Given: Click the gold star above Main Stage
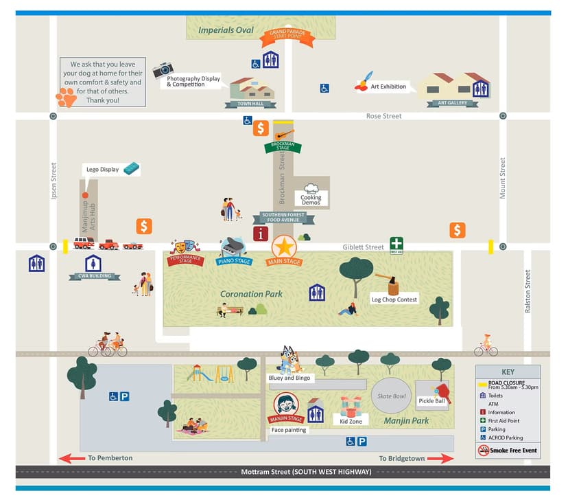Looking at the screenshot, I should click(x=284, y=246).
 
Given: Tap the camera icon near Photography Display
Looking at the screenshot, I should click(x=163, y=69).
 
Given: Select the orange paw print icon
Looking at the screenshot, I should click(x=67, y=98).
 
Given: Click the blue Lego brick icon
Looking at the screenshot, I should click(x=132, y=168).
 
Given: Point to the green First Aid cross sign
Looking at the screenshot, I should click(x=397, y=244).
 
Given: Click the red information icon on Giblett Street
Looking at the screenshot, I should click(x=261, y=234).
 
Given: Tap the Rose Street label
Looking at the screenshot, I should click(x=383, y=116).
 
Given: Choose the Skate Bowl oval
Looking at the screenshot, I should click(x=392, y=395).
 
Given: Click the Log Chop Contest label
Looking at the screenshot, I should click(x=394, y=299).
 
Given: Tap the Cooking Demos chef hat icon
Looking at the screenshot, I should click(x=311, y=188).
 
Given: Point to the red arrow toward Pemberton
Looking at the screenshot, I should click(x=72, y=458).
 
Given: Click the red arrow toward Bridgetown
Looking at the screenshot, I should click(x=440, y=458).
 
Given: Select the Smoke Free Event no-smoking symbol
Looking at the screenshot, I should click(x=484, y=451).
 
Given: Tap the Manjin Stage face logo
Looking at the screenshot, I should click(x=285, y=404).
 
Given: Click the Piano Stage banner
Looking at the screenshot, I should click(x=234, y=261).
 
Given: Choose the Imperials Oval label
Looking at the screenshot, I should click(x=226, y=30).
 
